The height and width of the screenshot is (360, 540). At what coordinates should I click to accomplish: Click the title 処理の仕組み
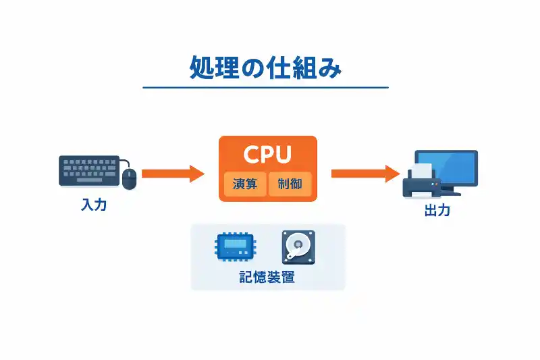[x=265, y=69]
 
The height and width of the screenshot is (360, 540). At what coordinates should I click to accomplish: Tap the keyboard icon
[x=89, y=170]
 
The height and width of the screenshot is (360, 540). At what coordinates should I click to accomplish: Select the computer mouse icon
[x=129, y=178]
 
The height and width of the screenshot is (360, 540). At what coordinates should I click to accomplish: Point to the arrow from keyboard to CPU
[x=172, y=174]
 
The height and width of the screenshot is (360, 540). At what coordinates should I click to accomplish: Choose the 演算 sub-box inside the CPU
[x=245, y=184]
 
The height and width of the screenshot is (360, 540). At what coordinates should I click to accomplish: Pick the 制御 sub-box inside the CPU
[x=290, y=184]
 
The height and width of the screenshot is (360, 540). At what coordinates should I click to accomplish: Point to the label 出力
[x=437, y=211]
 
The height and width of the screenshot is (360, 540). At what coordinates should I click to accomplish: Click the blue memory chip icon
[x=234, y=247]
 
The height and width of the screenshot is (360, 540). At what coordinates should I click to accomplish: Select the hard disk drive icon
[x=298, y=247]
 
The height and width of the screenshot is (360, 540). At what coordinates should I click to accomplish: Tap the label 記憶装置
[x=267, y=277]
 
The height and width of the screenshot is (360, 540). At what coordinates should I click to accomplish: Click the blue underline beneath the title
[x=265, y=88]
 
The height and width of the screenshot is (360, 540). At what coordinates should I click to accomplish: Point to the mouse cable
[x=124, y=162]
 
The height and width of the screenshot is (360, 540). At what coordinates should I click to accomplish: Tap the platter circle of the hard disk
[x=298, y=244]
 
